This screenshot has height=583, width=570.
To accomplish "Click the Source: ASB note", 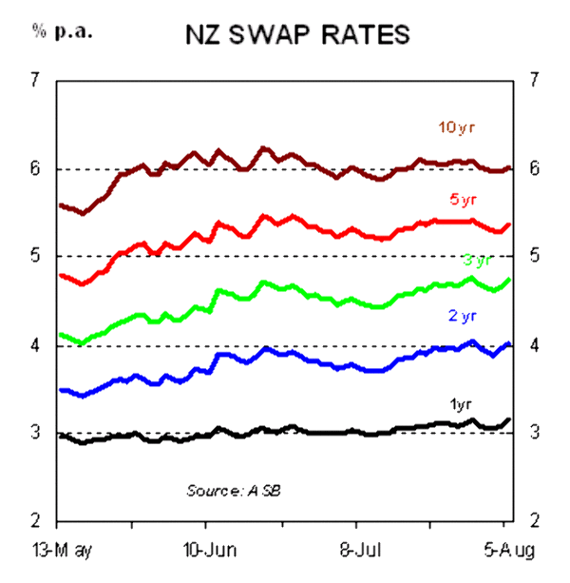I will coord(233,490).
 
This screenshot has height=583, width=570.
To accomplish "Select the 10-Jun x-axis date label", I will coord(205,549).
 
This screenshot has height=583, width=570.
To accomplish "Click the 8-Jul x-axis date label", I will coord(355,549).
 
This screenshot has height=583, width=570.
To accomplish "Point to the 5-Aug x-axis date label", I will coord(503,549).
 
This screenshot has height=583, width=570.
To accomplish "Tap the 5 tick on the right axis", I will coord(536,255).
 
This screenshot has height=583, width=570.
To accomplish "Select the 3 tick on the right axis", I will coord(536,432).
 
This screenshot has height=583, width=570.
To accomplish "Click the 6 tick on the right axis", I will coord(536,167).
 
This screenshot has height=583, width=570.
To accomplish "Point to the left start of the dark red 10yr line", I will coord(61,205).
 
